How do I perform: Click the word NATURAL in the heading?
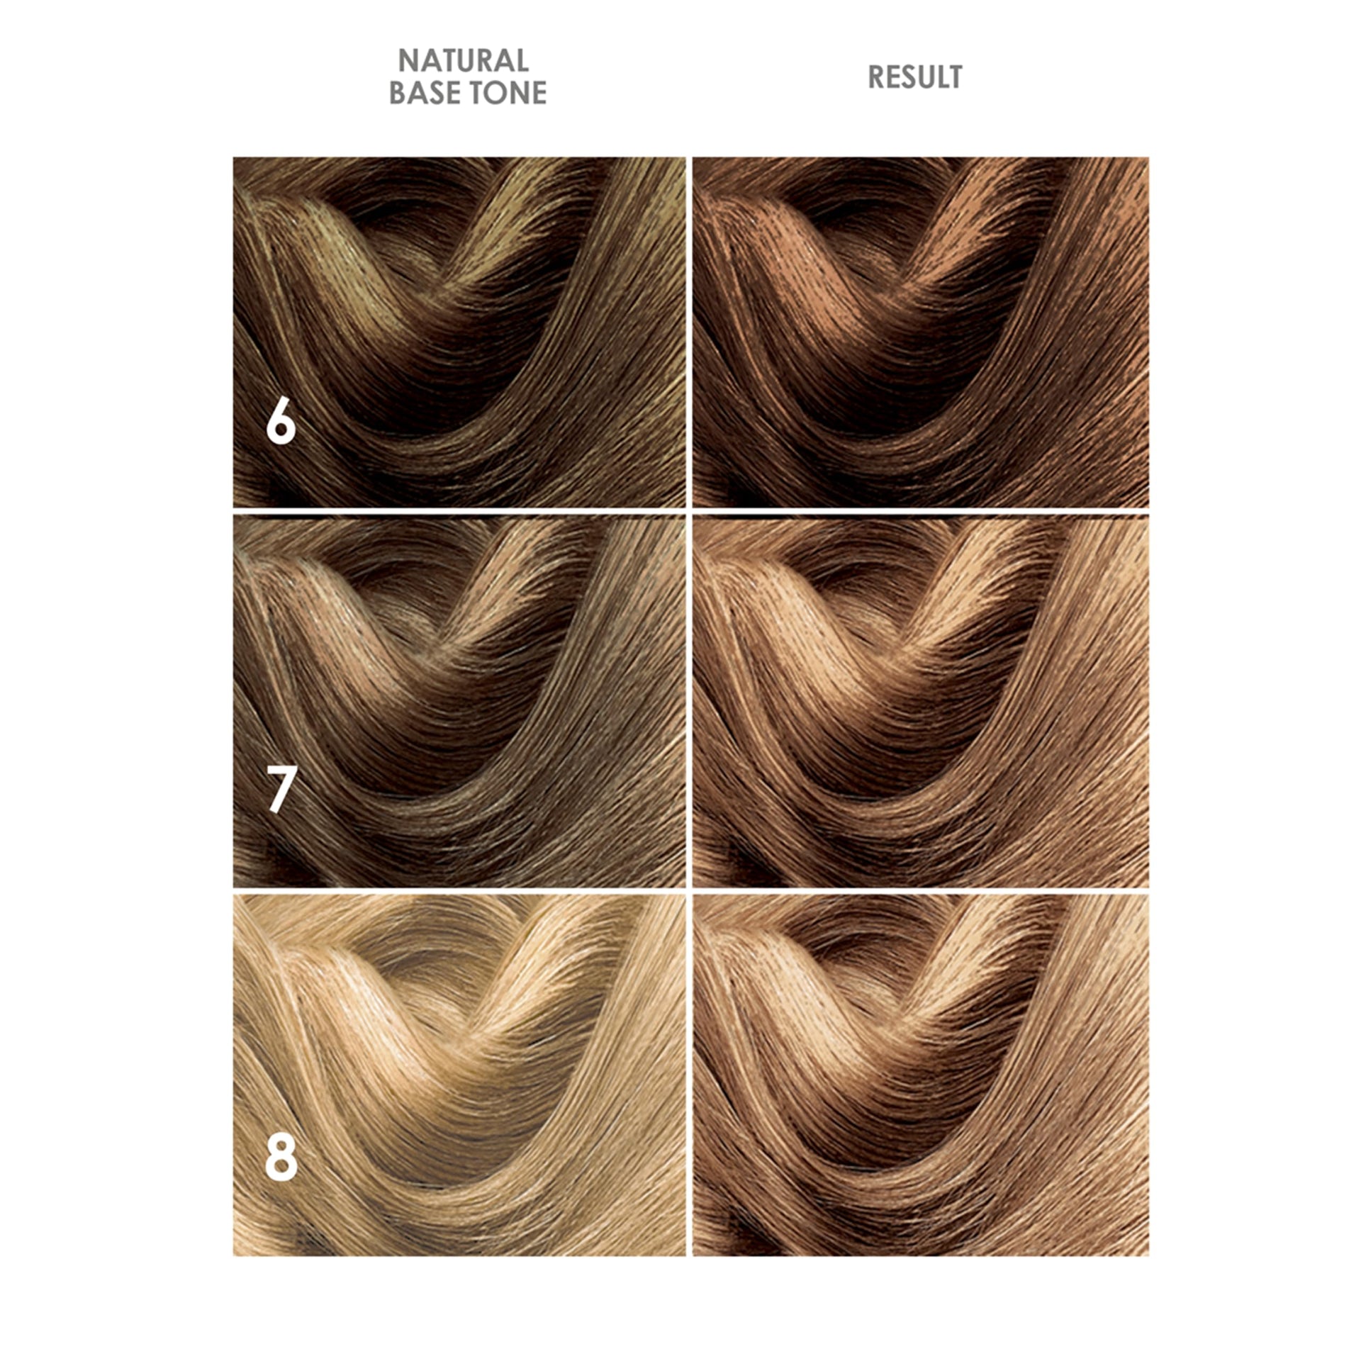pos(464,60)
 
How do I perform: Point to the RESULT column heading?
pos(915,77)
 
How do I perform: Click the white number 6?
pos(281,424)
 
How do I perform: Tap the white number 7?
pos(281,791)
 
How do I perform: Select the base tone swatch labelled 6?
pos(459,332)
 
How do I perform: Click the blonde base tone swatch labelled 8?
pos(459,1075)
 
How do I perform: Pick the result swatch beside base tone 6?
pos(920,332)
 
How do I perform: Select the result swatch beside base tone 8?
pos(920,1075)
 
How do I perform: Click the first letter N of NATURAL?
pos(408,60)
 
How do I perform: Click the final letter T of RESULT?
pos(954,77)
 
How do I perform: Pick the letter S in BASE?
pos(435,93)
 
